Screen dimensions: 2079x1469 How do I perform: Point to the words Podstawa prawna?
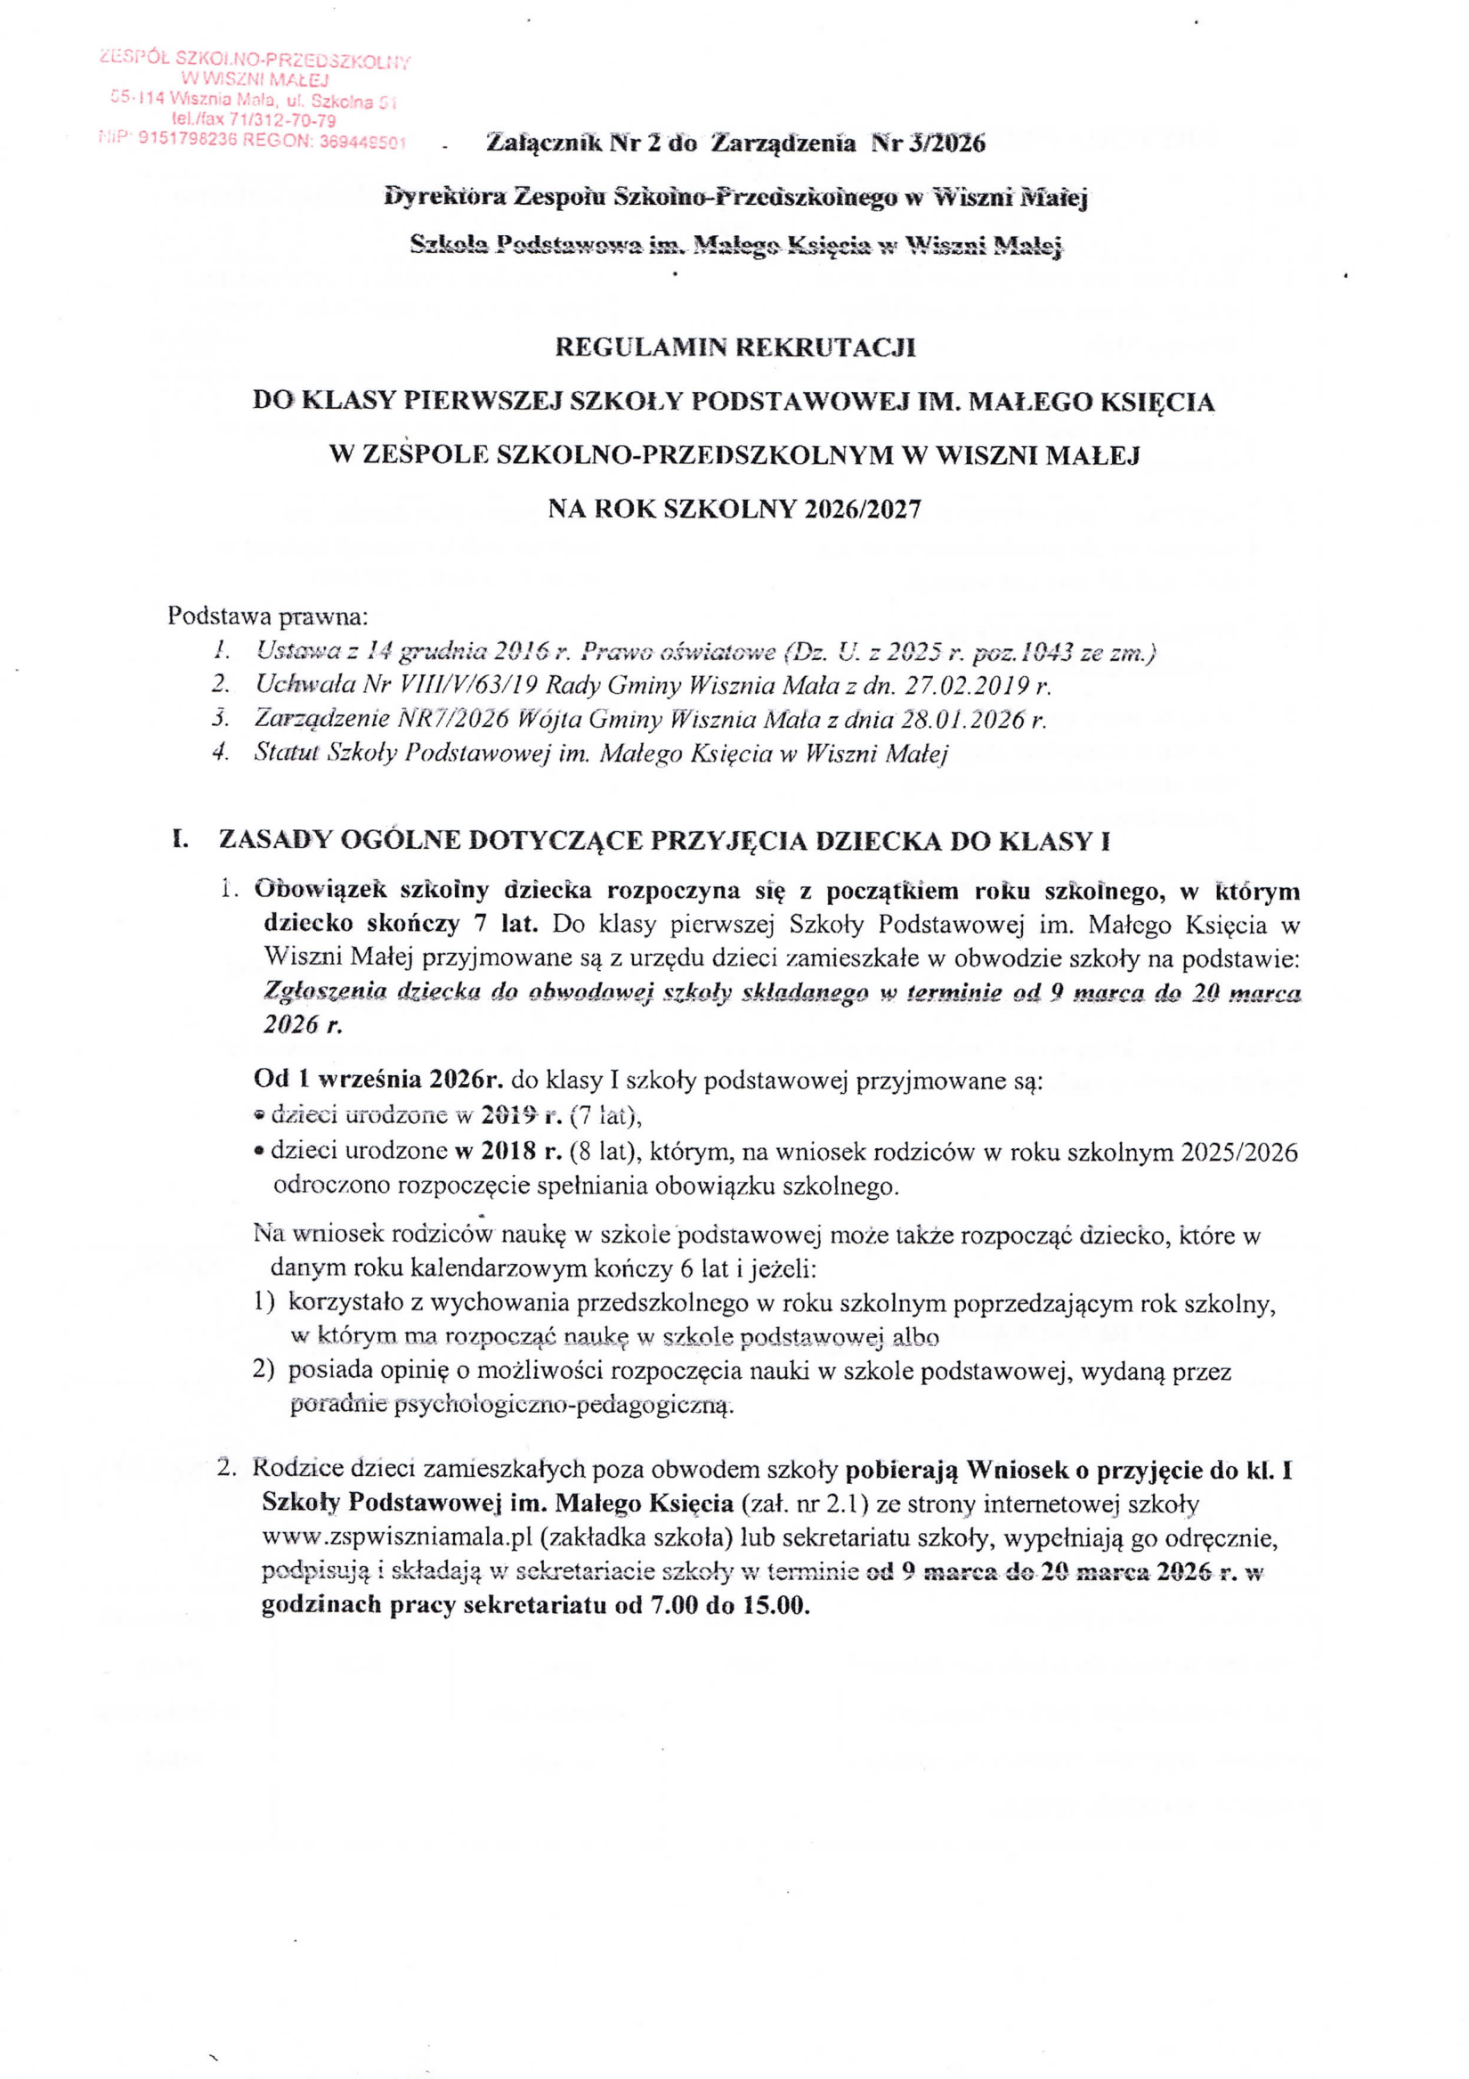point(268,616)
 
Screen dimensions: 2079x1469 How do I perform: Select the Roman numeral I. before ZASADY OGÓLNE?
point(179,839)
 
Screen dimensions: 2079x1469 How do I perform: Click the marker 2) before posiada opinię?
point(264,1371)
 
